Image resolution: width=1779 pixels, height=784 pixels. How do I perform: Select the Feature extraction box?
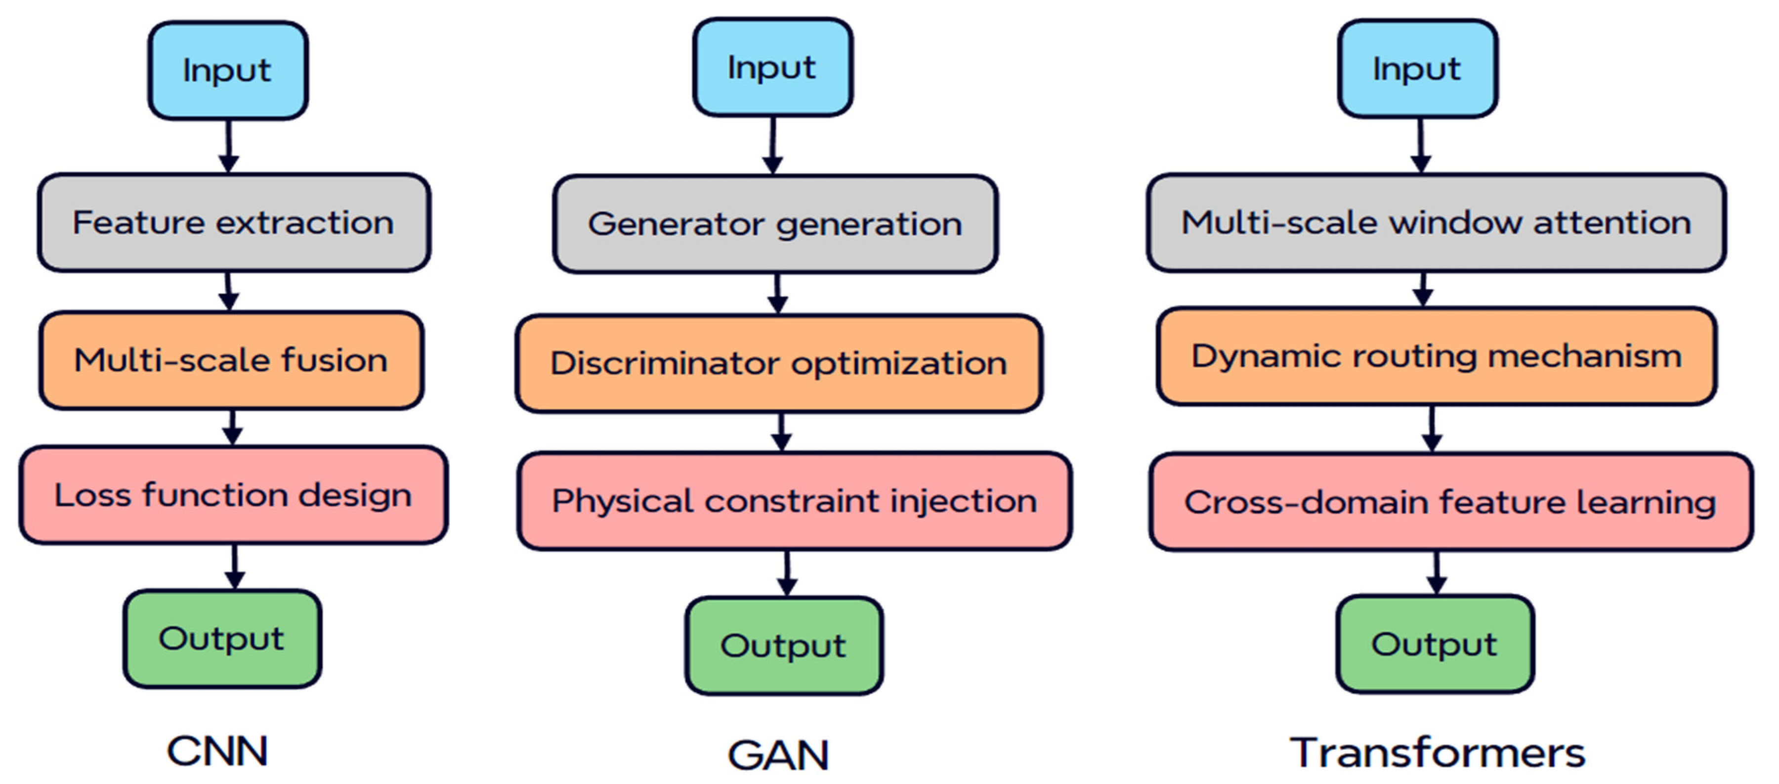(233, 222)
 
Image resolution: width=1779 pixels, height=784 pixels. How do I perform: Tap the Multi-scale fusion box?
(231, 360)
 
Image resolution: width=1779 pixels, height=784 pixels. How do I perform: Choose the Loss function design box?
(233, 495)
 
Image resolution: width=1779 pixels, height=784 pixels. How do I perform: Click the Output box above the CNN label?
(222, 638)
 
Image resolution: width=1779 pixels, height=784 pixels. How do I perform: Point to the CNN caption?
(217, 751)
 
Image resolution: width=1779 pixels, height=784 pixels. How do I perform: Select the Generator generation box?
(775, 224)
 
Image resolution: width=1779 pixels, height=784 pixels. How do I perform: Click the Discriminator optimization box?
(779, 363)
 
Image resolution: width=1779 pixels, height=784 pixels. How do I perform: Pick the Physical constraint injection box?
(794, 501)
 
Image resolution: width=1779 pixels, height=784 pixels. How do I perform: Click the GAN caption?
(778, 755)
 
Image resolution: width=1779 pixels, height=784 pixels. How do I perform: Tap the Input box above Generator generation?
(772, 67)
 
